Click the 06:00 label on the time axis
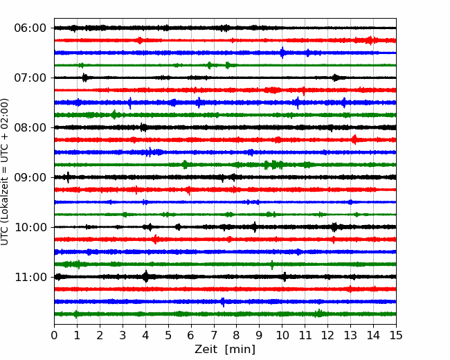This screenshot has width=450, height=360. point(30,28)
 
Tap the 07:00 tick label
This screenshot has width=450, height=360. point(30,78)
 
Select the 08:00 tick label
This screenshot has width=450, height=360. point(30,127)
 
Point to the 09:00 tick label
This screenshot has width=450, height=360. point(30,177)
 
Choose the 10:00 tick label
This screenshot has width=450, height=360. point(30,227)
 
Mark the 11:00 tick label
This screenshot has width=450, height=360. point(30,277)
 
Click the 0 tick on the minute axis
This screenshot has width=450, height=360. point(54,335)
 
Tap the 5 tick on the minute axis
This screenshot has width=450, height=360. point(168,335)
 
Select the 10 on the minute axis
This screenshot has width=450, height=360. point(282,335)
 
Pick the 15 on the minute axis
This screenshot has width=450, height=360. point(396,335)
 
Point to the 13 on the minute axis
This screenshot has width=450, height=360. point(350,335)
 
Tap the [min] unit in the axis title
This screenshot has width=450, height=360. point(240,350)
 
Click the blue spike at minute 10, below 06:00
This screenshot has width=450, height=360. point(282,53)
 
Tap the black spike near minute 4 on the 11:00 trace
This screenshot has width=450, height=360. point(146,276)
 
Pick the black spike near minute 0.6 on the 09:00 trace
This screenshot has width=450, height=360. point(68,177)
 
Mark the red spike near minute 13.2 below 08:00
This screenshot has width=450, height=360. point(354,140)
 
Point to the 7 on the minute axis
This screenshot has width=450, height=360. point(214,335)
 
